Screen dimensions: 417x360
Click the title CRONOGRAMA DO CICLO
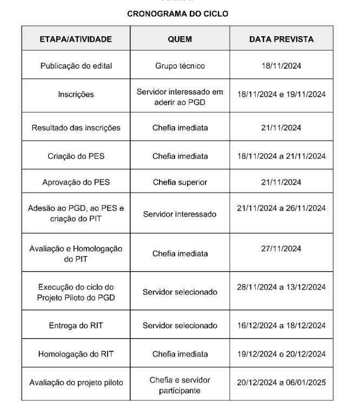tap(180, 14)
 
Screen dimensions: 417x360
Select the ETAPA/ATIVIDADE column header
tap(76, 39)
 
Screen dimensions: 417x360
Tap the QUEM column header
tap(180, 39)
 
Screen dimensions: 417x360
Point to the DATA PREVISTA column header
tap(281, 39)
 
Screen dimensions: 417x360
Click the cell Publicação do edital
tap(76, 66)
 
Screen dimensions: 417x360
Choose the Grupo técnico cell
tap(180, 66)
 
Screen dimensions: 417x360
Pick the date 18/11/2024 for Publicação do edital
tap(281, 66)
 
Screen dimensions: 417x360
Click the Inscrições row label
tap(76, 95)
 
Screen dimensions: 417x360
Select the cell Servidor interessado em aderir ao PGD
tap(180, 95)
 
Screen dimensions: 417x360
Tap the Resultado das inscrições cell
tap(76, 128)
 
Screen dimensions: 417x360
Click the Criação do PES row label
tap(76, 156)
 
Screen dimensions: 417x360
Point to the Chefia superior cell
tap(180, 182)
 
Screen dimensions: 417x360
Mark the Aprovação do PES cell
tap(76, 182)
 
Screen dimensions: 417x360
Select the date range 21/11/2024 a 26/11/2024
tap(281, 208)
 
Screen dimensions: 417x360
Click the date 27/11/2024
tap(281, 248)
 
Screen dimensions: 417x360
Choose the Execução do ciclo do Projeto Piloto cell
tap(76, 292)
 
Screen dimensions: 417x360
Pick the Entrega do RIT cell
tap(76, 325)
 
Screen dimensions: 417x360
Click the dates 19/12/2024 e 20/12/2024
tap(281, 354)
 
